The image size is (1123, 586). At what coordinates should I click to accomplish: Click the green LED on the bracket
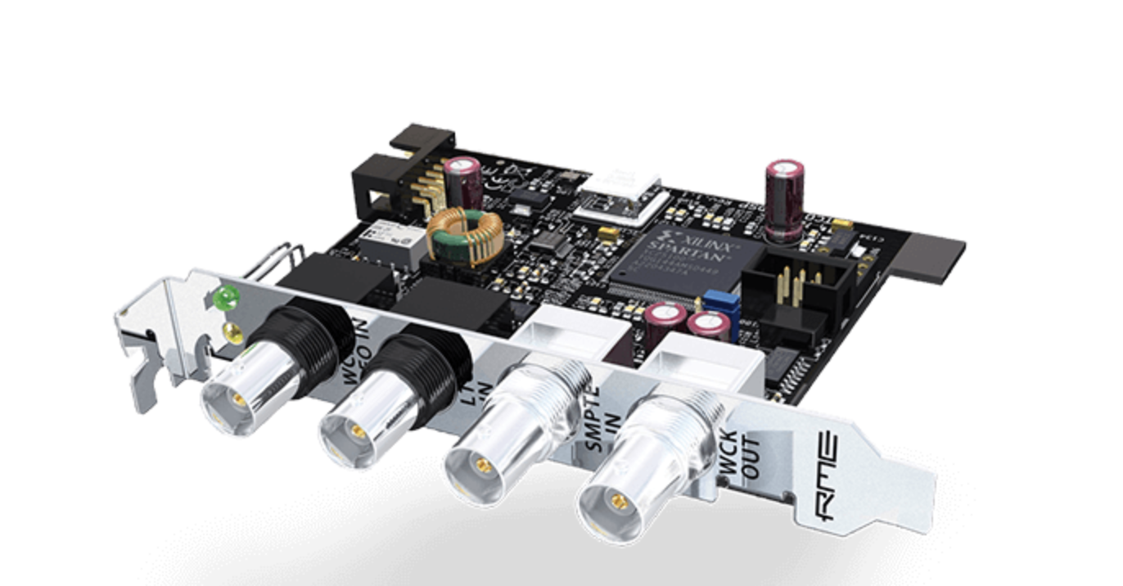[224, 297]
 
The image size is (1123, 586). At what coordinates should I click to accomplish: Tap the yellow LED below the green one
[233, 331]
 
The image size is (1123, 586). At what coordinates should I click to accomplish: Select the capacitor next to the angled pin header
[463, 181]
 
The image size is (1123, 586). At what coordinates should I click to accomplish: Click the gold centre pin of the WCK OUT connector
[620, 502]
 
